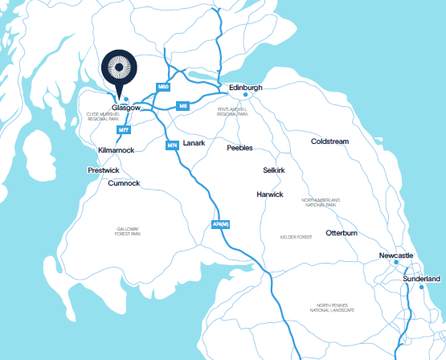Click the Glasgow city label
(127, 107)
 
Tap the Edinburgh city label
(246, 87)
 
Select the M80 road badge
(164, 86)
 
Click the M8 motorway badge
(183, 105)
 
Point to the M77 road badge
(124, 129)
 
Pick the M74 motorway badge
(172, 145)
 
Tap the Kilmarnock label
(115, 150)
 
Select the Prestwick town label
(104, 170)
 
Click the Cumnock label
(124, 183)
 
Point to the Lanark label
(194, 142)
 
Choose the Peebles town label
(239, 148)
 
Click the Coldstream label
(329, 141)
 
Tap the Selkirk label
(274, 170)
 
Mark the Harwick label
(269, 194)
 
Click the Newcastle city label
(396, 256)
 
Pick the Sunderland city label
(422, 278)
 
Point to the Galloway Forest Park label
(128, 232)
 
